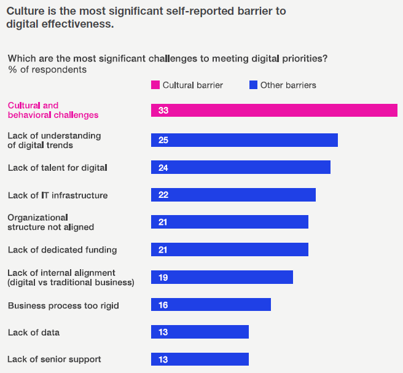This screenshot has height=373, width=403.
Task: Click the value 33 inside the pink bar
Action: [163, 110]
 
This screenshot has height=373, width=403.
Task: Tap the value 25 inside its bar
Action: [163, 140]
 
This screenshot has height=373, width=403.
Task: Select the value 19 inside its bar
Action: [163, 277]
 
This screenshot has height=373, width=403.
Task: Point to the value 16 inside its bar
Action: [163, 305]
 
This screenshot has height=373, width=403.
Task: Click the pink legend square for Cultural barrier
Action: [155, 85]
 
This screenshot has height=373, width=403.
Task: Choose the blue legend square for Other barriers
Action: [253, 85]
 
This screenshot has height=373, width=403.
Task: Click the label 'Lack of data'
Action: [34, 332]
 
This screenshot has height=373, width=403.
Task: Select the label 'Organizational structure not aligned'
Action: [50, 222]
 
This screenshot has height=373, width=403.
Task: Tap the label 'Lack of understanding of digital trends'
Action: [54, 140]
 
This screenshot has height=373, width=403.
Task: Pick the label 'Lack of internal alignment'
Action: [61, 273]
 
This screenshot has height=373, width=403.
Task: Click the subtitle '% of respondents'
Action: [47, 69]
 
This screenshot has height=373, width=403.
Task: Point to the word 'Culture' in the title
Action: [26, 12]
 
